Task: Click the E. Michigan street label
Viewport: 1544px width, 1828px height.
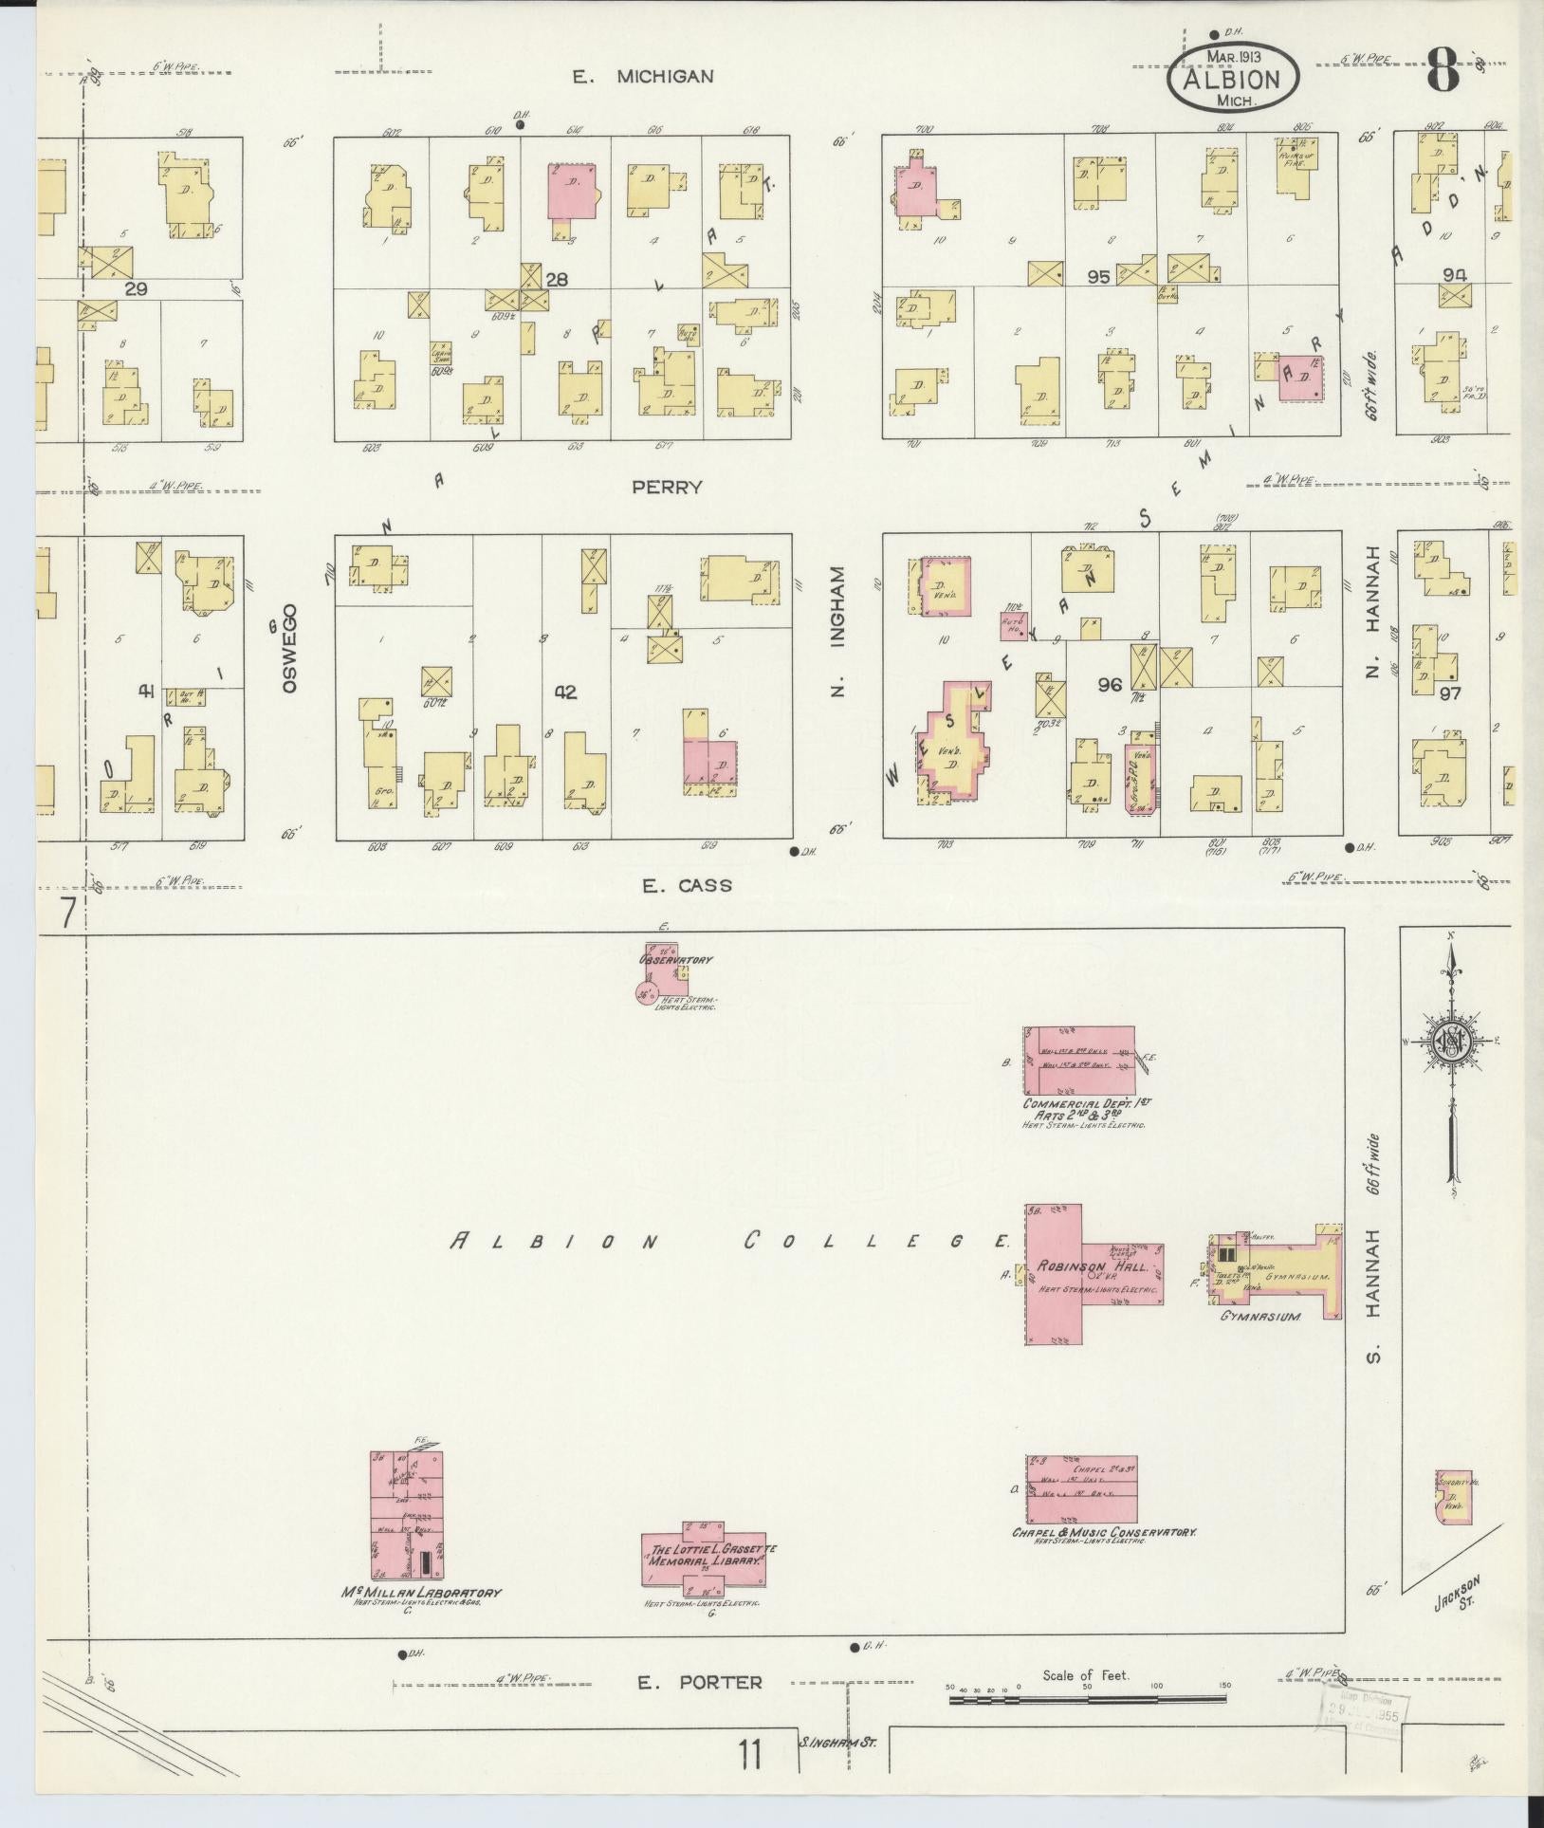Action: (655, 77)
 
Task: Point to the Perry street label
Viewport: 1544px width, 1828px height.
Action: (667, 487)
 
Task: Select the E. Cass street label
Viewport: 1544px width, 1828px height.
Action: (687, 886)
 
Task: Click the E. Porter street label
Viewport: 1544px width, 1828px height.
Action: (699, 1683)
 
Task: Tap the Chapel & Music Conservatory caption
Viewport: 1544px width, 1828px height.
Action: (1104, 1532)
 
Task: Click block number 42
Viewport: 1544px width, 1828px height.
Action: (566, 692)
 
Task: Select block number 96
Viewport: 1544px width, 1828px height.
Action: (1110, 684)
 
